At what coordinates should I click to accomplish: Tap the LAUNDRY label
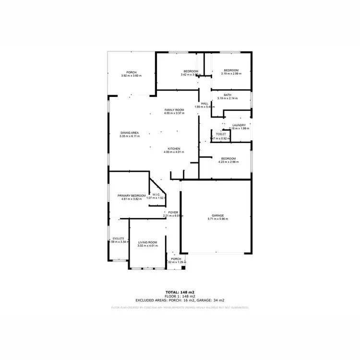[x=239, y=125]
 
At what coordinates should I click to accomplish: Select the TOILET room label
[x=221, y=134]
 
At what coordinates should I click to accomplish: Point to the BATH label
[x=228, y=95]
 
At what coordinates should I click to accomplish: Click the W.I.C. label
[x=156, y=194]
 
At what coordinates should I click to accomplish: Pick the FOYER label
[x=173, y=212]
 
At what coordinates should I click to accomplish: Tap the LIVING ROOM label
[x=148, y=242]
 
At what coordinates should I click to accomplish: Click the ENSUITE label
[x=118, y=239]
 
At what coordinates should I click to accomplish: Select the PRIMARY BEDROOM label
[x=132, y=195]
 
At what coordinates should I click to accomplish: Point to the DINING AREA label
[x=130, y=132]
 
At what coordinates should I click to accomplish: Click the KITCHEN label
[x=174, y=148]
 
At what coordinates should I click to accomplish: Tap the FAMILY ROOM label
[x=174, y=110]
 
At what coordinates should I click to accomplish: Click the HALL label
[x=204, y=103]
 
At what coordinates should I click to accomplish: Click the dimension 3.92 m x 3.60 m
[x=132, y=76]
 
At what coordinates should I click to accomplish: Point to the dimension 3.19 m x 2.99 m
[x=231, y=74]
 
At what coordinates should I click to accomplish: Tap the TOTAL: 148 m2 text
[x=180, y=292]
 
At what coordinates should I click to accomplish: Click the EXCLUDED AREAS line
[x=180, y=300]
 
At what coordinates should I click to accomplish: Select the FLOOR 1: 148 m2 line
[x=180, y=296]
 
